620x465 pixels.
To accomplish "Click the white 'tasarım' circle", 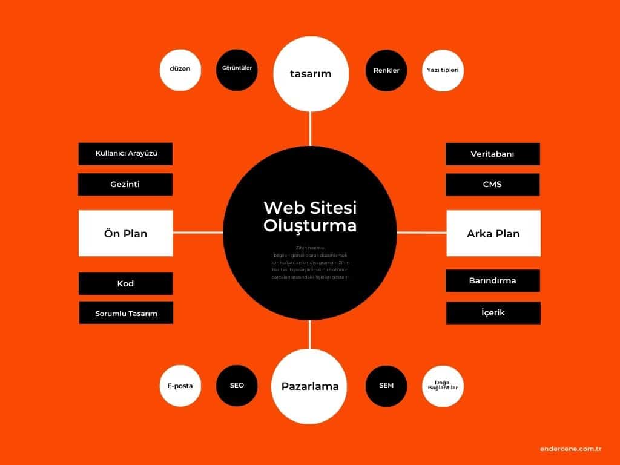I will click(x=311, y=74).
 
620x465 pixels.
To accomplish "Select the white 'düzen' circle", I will click(x=180, y=70).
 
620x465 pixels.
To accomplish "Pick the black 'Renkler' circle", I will click(x=386, y=70).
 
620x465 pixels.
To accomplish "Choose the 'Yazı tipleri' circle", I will click(x=443, y=70).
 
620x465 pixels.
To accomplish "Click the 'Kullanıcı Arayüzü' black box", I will click(x=126, y=154).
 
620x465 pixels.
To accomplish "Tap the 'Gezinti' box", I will click(x=125, y=185).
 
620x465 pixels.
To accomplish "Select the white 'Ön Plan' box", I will click(x=126, y=233).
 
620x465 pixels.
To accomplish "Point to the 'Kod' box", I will click(x=125, y=283).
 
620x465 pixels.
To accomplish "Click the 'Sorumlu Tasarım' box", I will click(x=126, y=313).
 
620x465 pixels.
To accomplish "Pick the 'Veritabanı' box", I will click(x=492, y=154).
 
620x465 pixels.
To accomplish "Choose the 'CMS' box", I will click(x=492, y=185).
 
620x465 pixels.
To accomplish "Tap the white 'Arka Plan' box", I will click(x=493, y=233).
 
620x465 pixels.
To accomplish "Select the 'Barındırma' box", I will click(x=492, y=281).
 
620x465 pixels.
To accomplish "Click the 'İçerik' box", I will click(x=493, y=313).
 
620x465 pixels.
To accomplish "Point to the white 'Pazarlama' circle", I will click(x=310, y=386).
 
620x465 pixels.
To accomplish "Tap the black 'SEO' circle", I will click(x=237, y=386).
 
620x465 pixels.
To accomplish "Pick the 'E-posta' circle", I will click(x=180, y=386).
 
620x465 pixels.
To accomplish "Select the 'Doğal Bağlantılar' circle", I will click(x=443, y=386).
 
